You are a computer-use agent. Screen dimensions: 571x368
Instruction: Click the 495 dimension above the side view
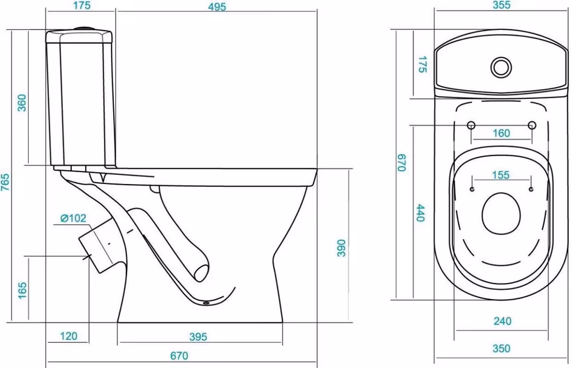point(217,6)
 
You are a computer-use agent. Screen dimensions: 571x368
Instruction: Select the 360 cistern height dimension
point(22,103)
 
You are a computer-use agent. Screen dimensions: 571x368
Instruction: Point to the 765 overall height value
point(5,182)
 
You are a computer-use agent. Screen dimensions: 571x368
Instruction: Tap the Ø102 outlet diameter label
point(73,218)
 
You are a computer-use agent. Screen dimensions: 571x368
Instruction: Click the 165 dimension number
point(22,290)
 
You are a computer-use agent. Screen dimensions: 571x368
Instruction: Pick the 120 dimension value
point(68,336)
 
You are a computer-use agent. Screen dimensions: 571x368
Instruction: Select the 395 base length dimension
point(198,337)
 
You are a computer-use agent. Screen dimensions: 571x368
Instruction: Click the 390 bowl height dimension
point(341,248)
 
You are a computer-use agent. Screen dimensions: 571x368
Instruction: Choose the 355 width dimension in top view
point(501,5)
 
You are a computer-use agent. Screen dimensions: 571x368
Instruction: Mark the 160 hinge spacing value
point(501,133)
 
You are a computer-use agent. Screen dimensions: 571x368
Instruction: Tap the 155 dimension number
point(500,175)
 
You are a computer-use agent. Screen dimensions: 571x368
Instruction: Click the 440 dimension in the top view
point(421,213)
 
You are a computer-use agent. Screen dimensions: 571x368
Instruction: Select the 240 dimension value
point(503,321)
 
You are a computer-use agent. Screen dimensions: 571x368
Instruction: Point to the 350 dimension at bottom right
point(501,348)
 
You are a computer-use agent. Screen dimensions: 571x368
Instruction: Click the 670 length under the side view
point(179,355)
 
